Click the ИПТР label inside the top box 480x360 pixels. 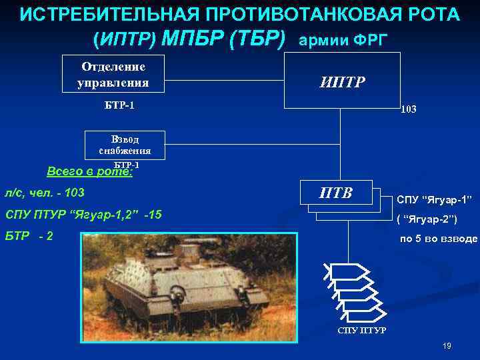pyautogui.click(x=342, y=82)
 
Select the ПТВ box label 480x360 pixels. pyautogui.click(x=335, y=194)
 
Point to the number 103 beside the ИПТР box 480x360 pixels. pyautogui.click(x=408, y=109)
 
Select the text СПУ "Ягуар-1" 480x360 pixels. pyautogui.click(x=434, y=199)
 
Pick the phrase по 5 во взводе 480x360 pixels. pyautogui.click(x=438, y=239)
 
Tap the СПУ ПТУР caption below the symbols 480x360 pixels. pyautogui.click(x=361, y=331)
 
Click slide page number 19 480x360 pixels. pyautogui.click(x=446, y=346)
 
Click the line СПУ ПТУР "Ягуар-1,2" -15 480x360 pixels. pyautogui.click(x=83, y=215)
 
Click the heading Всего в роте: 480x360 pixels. pyautogui.click(x=89, y=171)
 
